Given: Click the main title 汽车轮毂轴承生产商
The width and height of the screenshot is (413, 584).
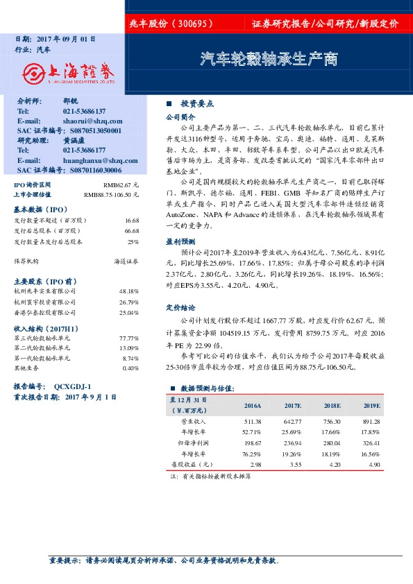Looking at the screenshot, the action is click(x=269, y=60).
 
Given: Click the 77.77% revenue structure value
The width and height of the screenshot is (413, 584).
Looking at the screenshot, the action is click(x=129, y=338).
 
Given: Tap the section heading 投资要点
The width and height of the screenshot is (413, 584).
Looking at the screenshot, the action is click(x=197, y=103).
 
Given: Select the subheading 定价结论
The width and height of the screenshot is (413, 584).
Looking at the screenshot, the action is click(x=178, y=307).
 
